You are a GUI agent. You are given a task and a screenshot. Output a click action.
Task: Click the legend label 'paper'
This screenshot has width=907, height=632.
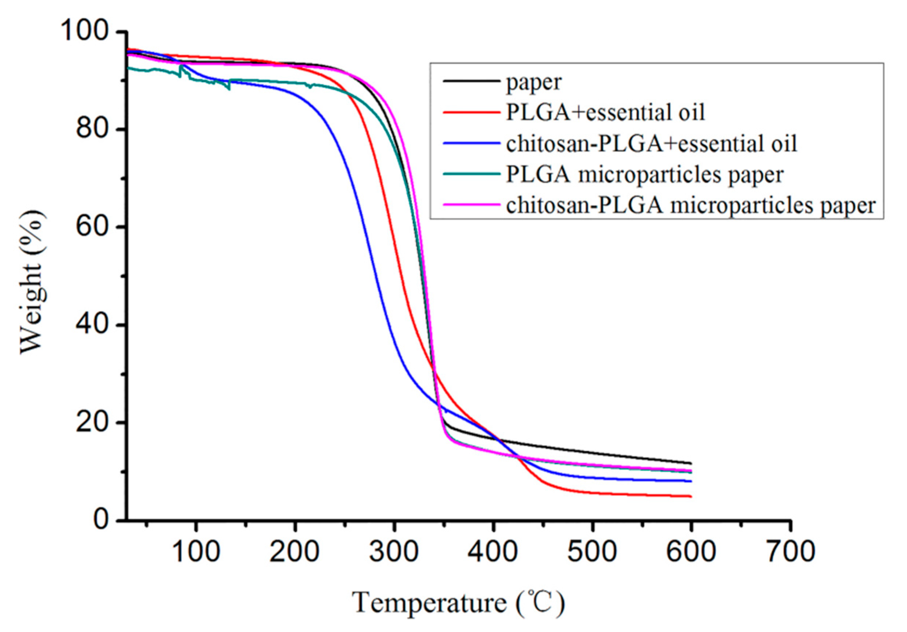(533, 83)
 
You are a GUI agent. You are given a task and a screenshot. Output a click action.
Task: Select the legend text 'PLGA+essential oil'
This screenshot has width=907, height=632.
(605, 113)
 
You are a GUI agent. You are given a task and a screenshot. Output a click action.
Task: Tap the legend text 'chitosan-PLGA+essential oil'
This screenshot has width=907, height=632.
(651, 144)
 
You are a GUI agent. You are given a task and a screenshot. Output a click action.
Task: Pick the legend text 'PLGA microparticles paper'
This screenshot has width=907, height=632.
(645, 174)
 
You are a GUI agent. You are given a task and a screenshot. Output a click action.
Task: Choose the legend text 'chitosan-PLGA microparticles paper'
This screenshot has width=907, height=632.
(691, 205)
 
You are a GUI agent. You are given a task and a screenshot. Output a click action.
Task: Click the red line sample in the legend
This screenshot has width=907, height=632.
(471, 113)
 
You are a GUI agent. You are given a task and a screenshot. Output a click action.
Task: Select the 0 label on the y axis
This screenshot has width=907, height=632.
(102, 520)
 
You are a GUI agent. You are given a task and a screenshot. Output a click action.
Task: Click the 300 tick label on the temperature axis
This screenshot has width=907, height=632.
(394, 551)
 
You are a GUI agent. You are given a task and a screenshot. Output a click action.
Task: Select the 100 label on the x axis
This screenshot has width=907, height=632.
(196, 551)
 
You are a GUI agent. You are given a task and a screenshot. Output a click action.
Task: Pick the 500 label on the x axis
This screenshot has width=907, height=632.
(592, 551)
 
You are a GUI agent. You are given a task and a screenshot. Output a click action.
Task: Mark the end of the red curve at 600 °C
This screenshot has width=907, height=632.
(691, 496)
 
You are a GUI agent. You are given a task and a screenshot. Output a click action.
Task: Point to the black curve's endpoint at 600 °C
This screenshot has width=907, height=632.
(691, 463)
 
